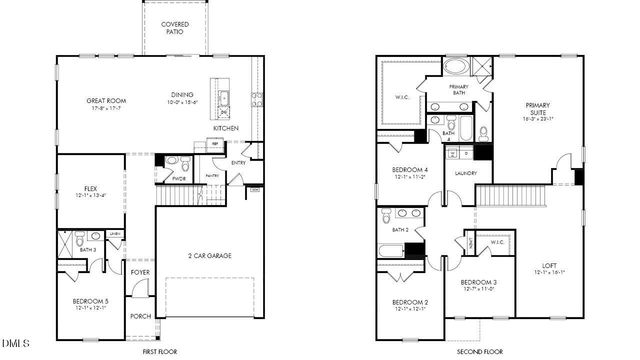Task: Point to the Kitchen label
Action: coord(225,129)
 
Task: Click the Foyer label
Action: coord(139,271)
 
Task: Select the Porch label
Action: coord(140,316)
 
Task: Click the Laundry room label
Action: coord(464,173)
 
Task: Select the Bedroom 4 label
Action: coord(410,172)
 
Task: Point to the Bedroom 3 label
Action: coord(480,284)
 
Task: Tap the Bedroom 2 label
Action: coord(410,304)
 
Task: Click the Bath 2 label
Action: coord(401,230)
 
